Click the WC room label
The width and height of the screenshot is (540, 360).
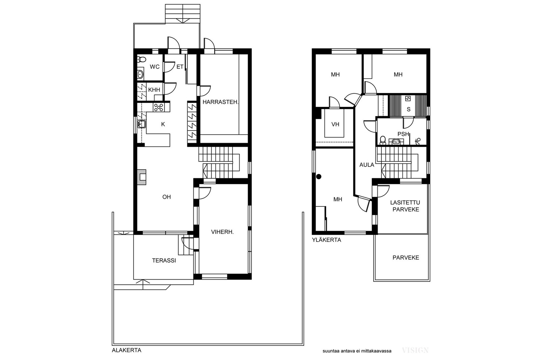click(155, 67)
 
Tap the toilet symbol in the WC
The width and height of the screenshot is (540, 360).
click(141, 59)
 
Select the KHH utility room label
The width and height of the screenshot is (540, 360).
click(154, 90)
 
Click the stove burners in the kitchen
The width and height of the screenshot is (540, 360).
click(159, 107)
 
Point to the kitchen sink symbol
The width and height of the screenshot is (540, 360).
click(141, 124)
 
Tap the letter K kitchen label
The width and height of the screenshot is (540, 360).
click(163, 124)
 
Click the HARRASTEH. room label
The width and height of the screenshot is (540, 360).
click(220, 102)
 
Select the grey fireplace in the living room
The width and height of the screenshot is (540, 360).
click(142, 177)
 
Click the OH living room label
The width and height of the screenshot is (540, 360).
click(167, 197)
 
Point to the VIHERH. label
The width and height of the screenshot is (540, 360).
click(222, 232)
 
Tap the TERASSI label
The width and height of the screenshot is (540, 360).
click(164, 260)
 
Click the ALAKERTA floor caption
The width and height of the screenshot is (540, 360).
click(127, 350)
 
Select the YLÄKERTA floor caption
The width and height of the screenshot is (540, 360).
click(327, 240)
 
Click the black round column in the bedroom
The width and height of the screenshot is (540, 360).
click(319, 177)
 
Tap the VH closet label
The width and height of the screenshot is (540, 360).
click(335, 124)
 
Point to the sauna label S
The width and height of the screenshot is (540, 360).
click(408, 109)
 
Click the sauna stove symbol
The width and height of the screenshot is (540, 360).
click(408, 99)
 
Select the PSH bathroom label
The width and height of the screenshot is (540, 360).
click(403, 134)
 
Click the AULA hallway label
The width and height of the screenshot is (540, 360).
click(367, 165)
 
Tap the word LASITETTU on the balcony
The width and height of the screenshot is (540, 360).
click(405, 203)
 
